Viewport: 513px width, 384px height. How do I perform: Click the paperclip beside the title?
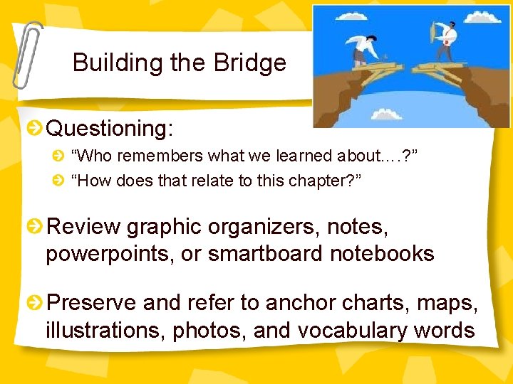[x=27, y=53]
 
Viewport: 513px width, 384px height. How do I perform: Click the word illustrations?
[x=105, y=330]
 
